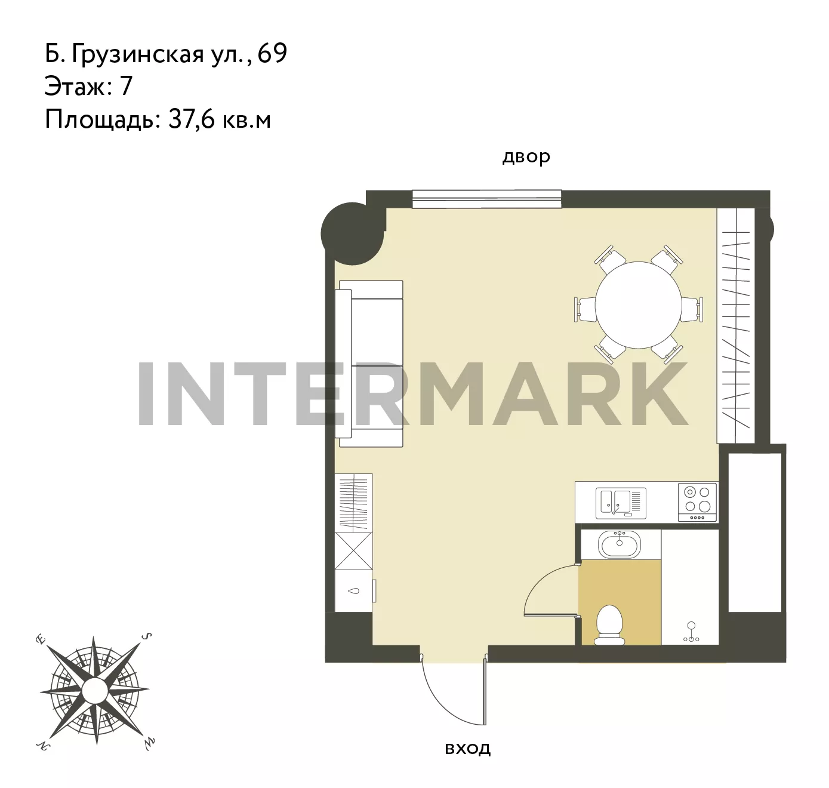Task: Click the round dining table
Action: point(638,305)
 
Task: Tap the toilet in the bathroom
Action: point(609,625)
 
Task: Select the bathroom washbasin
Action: point(619,544)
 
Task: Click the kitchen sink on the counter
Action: point(621,503)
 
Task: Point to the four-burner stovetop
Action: point(697,502)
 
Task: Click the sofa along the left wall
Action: point(369,364)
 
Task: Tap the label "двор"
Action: point(526,156)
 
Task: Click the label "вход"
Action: point(468,749)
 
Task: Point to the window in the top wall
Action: point(486,199)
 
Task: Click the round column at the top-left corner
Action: point(353,233)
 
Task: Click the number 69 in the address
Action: point(272,54)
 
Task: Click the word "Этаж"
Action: point(75,87)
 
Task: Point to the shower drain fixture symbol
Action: point(691,632)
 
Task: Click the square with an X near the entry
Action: point(353,551)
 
